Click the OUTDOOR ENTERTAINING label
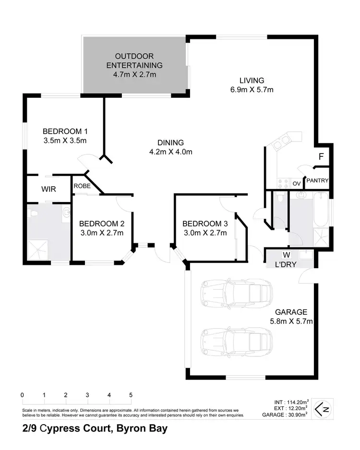click(x=134, y=61)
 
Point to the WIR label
click(x=48, y=189)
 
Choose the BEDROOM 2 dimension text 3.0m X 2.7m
click(x=102, y=233)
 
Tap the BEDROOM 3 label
click(x=205, y=224)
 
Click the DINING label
click(x=170, y=142)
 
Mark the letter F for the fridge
click(x=321, y=156)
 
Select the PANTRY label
click(x=317, y=181)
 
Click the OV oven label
click(x=296, y=183)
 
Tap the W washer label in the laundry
click(x=287, y=254)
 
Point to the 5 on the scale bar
click(x=131, y=395)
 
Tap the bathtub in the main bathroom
click(x=322, y=211)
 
